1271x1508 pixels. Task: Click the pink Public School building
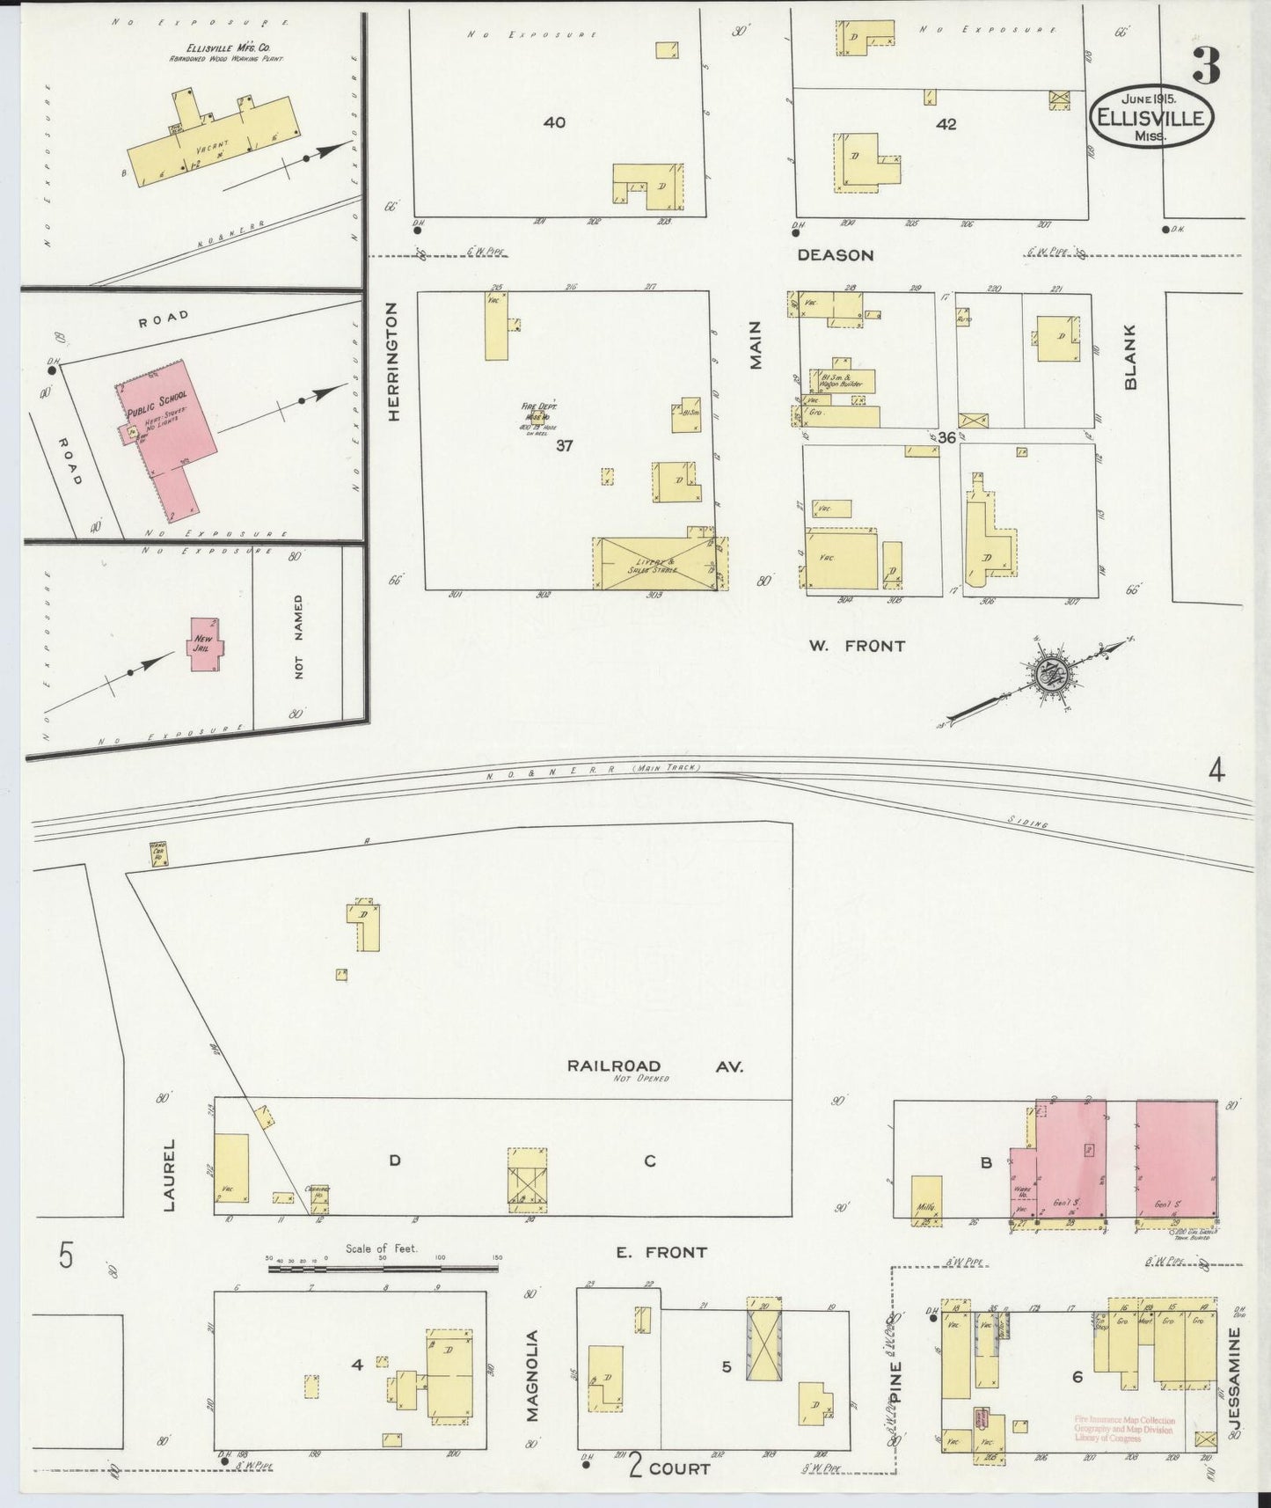tap(167, 422)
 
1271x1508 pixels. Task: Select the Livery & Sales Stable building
tap(655, 563)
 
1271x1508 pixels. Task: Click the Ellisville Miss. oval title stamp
tap(1153, 118)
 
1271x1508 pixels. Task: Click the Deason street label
tap(835, 255)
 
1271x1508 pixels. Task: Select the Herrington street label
tap(393, 362)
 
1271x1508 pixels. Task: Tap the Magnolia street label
tap(532, 1387)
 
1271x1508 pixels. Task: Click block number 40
tap(554, 122)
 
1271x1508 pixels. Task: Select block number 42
tap(946, 125)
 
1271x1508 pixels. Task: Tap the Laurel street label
tap(170, 1174)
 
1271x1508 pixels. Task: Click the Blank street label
tap(1131, 356)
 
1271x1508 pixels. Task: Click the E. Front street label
tap(661, 1252)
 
